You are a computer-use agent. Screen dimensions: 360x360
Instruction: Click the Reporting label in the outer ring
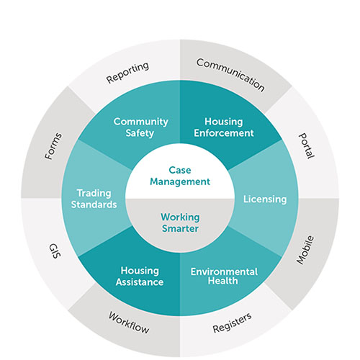(x=127, y=73)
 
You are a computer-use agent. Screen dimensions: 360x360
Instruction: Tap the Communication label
(x=230, y=75)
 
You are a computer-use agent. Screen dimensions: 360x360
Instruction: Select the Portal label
(x=306, y=145)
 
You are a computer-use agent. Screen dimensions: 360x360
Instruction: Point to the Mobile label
(x=305, y=250)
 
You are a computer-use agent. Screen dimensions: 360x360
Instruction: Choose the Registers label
(x=232, y=323)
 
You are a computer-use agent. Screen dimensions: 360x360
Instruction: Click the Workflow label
(x=129, y=323)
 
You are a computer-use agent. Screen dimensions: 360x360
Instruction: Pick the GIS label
(x=55, y=251)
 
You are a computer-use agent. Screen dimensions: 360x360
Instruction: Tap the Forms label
(x=53, y=146)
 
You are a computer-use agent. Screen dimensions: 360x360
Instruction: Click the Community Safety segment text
(x=140, y=127)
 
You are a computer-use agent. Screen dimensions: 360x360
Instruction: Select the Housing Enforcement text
(x=224, y=127)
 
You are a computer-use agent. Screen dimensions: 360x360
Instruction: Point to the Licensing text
(x=265, y=199)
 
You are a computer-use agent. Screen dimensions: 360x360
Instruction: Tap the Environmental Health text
(x=224, y=276)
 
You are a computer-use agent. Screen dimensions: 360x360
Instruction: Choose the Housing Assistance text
(x=140, y=276)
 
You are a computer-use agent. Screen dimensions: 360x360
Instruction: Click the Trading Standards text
(x=94, y=199)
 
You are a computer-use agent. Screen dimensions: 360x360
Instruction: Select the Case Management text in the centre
(x=180, y=176)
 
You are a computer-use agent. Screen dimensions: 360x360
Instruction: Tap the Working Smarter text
(x=180, y=222)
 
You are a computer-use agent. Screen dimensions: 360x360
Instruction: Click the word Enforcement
(x=224, y=133)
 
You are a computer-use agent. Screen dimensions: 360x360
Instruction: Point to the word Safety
(x=140, y=133)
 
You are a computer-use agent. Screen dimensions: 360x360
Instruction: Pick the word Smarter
(x=180, y=228)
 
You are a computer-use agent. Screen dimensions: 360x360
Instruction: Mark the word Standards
(x=94, y=204)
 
